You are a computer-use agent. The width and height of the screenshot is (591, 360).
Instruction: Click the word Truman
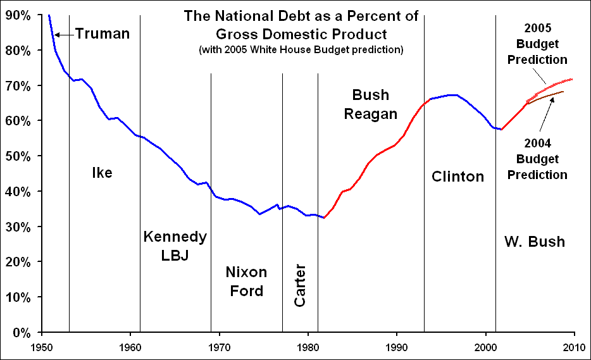pos(102,34)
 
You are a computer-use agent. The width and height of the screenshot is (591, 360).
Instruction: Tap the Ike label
pos(102,173)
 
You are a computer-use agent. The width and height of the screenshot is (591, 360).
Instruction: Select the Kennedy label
pos(175,237)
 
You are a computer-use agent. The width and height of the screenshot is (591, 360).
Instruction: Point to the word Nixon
pos(246,272)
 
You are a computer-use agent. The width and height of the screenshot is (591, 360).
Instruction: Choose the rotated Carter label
pos(300,286)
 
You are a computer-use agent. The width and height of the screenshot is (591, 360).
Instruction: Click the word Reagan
pos(375,114)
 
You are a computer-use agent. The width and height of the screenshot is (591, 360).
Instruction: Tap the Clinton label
pos(457,177)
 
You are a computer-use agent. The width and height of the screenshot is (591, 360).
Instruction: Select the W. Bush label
pos(534,241)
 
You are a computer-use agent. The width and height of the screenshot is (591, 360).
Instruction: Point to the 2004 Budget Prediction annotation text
pos(541,159)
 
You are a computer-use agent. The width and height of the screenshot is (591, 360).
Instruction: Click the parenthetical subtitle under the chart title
pos(301,49)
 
